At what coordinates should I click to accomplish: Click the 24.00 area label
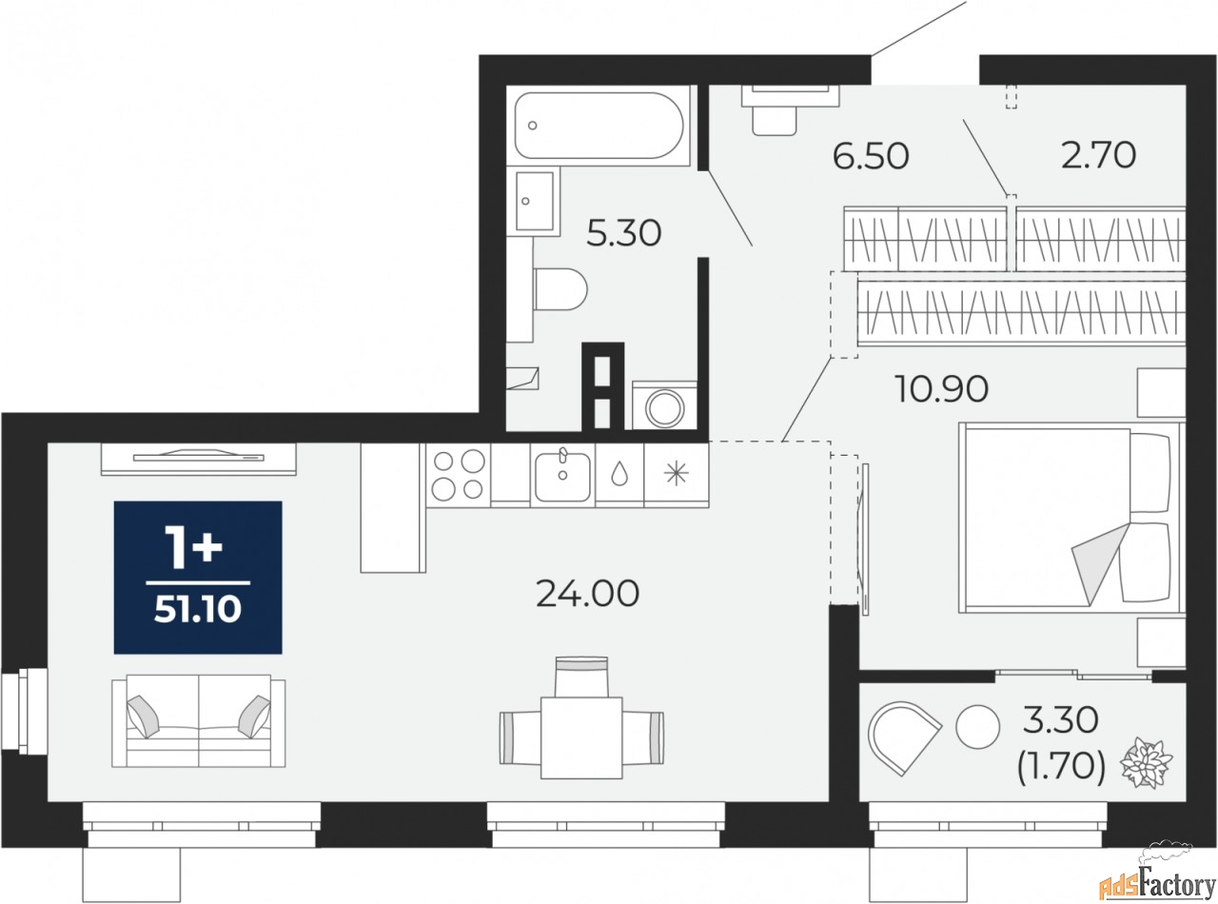tap(587, 593)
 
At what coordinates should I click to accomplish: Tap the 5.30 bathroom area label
tap(623, 233)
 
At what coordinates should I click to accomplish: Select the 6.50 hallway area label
tap(871, 156)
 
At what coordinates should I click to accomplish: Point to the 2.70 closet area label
tap(1098, 155)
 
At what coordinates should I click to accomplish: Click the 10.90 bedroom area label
tap(941, 389)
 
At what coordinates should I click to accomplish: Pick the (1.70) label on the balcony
tap(1060, 767)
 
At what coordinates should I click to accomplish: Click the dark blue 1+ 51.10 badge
tap(198, 578)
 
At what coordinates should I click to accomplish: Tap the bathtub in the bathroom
tap(599, 126)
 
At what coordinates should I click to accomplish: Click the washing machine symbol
tap(664, 405)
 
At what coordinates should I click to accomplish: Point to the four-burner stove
tap(458, 475)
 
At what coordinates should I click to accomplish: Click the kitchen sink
tap(562, 476)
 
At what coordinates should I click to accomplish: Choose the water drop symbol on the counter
tap(619, 473)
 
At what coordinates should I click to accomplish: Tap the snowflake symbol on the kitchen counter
tap(676, 474)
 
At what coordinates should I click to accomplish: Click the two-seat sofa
tap(198, 720)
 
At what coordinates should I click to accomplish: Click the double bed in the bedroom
tap(1071, 518)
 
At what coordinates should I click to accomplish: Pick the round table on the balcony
tap(977, 727)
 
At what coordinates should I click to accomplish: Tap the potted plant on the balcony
tap(1146, 763)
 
